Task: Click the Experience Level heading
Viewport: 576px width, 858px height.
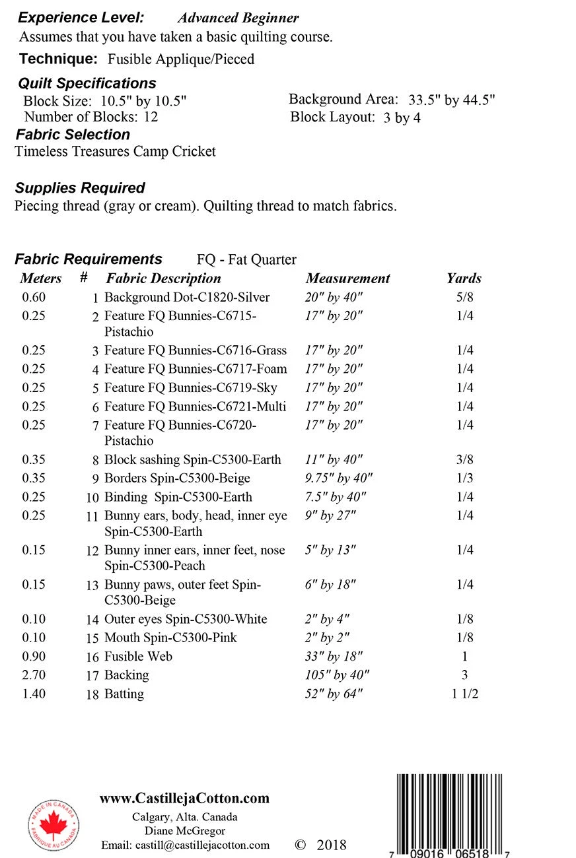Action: [x=81, y=18]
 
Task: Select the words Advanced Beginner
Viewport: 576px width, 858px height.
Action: [x=238, y=18]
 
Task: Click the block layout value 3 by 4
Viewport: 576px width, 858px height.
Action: [x=402, y=118]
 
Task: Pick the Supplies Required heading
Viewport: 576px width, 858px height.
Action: [x=80, y=188]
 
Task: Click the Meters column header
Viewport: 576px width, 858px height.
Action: [x=41, y=279]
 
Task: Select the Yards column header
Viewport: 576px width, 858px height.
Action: [x=464, y=279]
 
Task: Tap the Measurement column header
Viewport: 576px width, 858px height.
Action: [x=347, y=279]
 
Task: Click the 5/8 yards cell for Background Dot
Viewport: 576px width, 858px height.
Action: [x=464, y=298]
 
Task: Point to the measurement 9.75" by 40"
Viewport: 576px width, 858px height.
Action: [x=338, y=478]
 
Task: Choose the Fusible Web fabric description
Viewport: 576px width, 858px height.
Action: [x=138, y=657]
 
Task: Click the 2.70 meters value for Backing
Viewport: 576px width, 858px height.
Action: [x=34, y=675]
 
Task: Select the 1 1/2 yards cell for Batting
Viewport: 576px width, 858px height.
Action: [x=464, y=694]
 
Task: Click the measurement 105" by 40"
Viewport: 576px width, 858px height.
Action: [x=337, y=675]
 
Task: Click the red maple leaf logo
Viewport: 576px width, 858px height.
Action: [x=54, y=825]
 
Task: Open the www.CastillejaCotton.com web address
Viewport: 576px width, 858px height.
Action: [x=184, y=799]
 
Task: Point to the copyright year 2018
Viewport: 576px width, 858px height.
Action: [x=331, y=845]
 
